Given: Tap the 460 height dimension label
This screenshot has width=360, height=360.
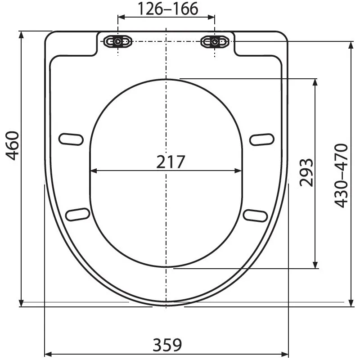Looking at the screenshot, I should coord(13,145).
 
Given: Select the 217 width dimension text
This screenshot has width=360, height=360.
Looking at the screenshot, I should coord(171,162).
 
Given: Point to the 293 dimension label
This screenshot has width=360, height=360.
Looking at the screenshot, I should coord(306,172).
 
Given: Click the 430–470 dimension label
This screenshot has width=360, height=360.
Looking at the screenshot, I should coord(342,175).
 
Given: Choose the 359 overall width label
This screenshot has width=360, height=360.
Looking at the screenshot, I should coord(167,345).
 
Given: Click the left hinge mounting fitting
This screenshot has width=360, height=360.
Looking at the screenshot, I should coord(118,42).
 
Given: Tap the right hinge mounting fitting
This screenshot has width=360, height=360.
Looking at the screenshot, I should coord(215,42).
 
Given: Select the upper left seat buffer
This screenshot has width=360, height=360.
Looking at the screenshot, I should coord(72,139).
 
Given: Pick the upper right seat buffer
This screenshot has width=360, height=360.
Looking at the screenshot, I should coord(261,139).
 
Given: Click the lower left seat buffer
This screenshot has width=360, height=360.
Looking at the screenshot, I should coord(77,214).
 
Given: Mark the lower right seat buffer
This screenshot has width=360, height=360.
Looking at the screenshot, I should coord(255,214).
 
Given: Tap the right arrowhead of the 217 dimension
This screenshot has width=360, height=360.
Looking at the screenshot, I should coord(239,171).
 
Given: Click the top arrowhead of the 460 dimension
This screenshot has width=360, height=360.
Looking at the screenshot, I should coord(21,35).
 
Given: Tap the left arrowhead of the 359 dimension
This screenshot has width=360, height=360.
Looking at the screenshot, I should coord(48,353).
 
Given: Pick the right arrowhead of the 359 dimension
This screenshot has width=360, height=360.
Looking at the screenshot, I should coord(285,353).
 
